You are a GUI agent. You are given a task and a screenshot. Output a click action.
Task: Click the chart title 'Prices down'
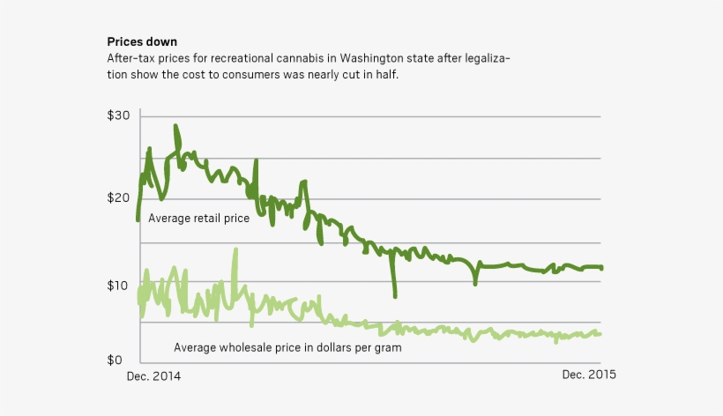(x=142, y=41)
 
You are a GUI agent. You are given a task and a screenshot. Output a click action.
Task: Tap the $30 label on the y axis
(x=119, y=116)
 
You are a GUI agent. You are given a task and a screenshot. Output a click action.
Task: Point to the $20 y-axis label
(x=119, y=198)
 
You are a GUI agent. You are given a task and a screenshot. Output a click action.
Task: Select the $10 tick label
(x=119, y=286)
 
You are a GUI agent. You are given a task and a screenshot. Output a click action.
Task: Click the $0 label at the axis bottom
(x=115, y=360)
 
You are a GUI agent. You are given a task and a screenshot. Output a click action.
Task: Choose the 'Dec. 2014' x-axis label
(x=155, y=375)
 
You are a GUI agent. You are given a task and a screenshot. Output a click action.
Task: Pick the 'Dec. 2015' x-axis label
(x=589, y=375)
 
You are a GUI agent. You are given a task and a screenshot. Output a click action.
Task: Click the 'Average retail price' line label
(x=198, y=218)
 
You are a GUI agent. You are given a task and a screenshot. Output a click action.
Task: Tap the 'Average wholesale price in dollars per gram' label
(x=287, y=347)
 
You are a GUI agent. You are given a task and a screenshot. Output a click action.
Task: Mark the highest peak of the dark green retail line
(x=175, y=127)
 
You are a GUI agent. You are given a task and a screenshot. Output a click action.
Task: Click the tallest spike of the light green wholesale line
(x=235, y=250)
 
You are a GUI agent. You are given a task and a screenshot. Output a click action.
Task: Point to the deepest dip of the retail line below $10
(x=394, y=294)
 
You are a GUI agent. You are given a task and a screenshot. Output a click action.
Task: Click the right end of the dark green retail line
(x=600, y=268)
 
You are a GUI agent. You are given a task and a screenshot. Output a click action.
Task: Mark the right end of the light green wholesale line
(x=600, y=333)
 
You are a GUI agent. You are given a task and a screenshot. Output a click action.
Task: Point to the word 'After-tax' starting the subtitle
(x=131, y=58)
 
